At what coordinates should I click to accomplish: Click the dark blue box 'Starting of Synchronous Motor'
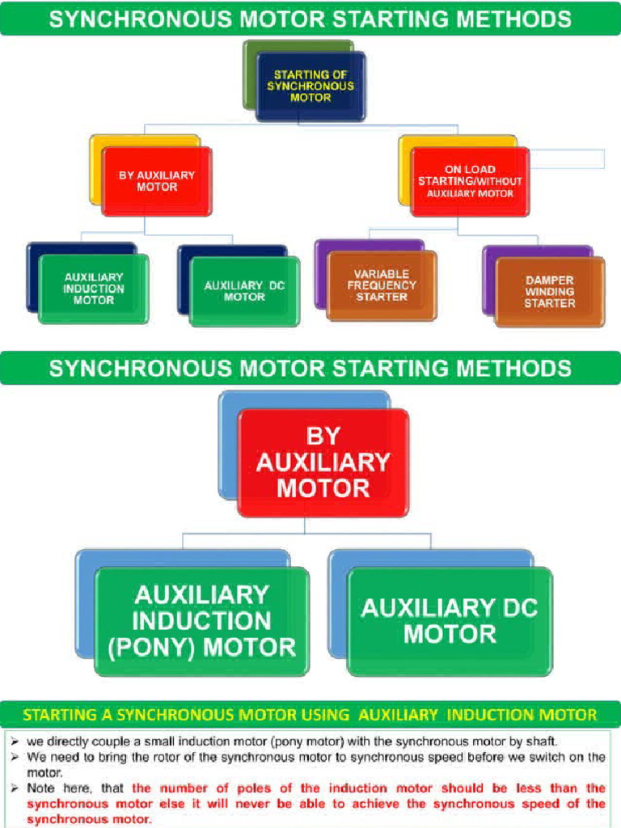click(x=310, y=87)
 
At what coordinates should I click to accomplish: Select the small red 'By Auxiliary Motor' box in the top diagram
click(x=157, y=181)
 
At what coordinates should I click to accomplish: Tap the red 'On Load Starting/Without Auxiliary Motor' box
click(x=470, y=182)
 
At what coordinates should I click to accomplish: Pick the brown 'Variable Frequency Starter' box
click(x=382, y=285)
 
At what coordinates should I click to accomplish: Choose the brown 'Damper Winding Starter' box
click(x=549, y=291)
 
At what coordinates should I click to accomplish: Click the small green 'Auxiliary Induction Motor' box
click(x=94, y=289)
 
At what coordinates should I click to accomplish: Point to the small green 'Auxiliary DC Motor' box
click(x=244, y=291)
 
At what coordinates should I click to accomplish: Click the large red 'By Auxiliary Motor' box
click(x=323, y=463)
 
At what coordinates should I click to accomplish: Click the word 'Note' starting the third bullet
click(x=40, y=788)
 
